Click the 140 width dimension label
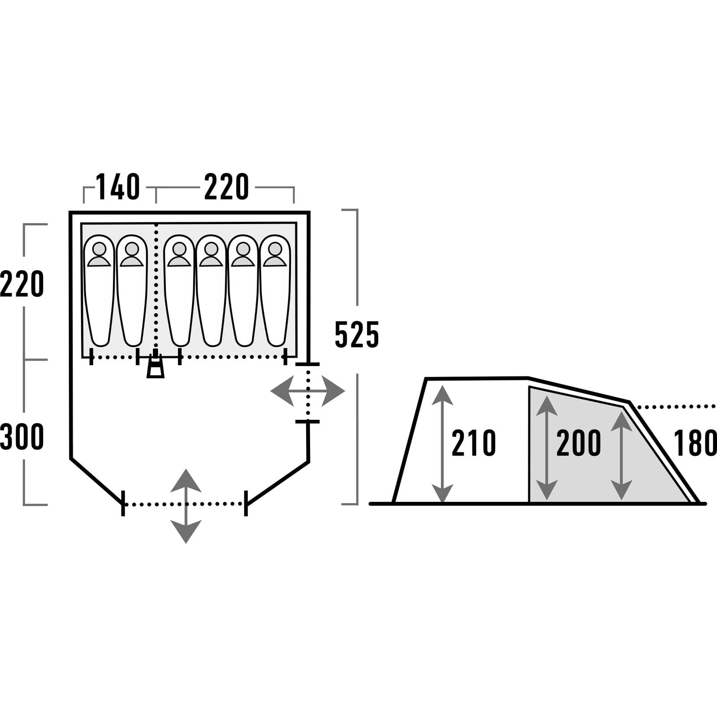pos(118,187)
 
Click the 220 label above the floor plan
pos(226,187)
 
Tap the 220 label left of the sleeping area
pos(22,284)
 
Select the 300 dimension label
pos(22,437)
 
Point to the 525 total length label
pos(357,335)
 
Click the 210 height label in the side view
pos(474,443)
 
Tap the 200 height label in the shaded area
pos(579,443)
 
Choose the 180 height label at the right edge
pos(695,443)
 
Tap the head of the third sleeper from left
pos(179,249)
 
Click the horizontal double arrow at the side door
pos(308,391)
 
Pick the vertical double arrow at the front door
pos(186,506)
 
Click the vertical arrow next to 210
pos(443,444)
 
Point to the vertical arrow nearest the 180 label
pos(621,455)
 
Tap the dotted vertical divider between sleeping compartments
pos(156,287)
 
